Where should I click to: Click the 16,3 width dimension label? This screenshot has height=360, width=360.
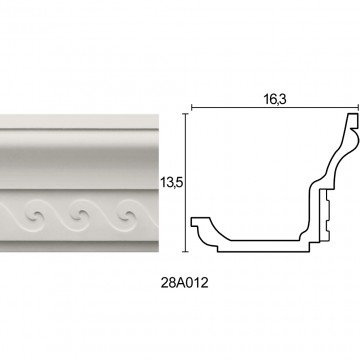pyautogui.click(x=275, y=99)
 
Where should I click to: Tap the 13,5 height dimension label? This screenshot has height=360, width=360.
pyautogui.click(x=172, y=183)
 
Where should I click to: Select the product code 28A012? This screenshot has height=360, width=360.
pyautogui.click(x=184, y=283)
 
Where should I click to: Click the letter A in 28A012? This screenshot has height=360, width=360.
pyautogui.click(x=181, y=283)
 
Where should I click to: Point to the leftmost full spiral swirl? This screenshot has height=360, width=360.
pyautogui.click(x=34, y=216)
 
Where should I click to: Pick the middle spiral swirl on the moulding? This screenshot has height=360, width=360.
pyautogui.click(x=80, y=216)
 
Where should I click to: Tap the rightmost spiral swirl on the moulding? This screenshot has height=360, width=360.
pyautogui.click(x=127, y=216)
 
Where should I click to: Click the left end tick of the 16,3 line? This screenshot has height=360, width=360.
pyautogui.click(x=192, y=108)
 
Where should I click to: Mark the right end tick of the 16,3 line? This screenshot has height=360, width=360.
pyautogui.click(x=358, y=108)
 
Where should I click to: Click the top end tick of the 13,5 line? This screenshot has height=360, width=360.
pyautogui.click(x=186, y=114)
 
